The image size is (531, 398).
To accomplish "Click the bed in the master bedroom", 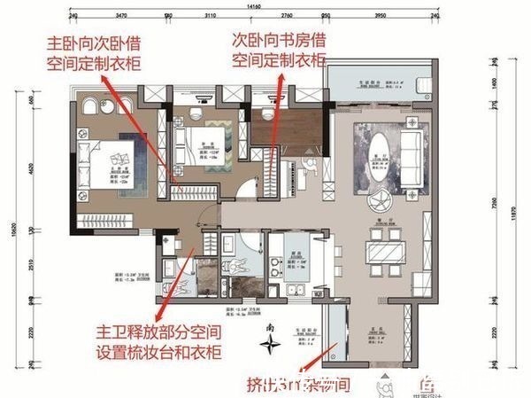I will tap(116, 163).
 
